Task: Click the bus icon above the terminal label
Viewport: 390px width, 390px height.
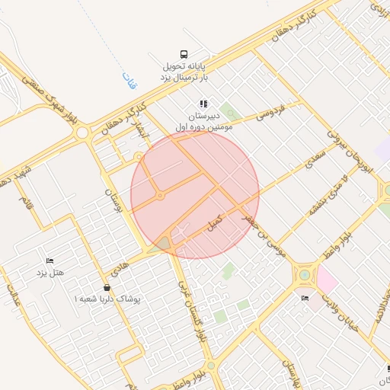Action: tap(184, 54)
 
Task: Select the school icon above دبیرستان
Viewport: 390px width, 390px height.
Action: tap(203, 104)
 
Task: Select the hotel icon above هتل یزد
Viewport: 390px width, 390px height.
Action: tap(50, 261)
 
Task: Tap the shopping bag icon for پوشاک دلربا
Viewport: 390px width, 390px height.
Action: tap(106, 288)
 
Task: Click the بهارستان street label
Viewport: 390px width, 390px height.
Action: tap(291, 369)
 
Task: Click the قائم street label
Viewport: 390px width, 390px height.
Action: tap(27, 205)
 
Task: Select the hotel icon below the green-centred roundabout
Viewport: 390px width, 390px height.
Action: tap(305, 297)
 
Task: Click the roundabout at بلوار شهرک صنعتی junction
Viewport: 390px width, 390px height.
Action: tap(82, 133)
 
